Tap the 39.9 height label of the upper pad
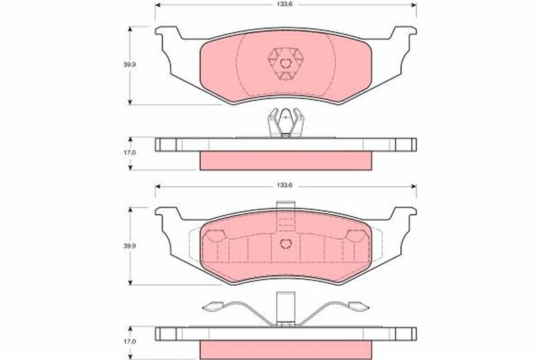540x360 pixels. [x=130, y=64]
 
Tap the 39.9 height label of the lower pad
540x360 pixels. [x=130, y=246]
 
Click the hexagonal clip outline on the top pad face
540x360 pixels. [x=286, y=63]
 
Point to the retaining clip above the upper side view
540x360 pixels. [x=286, y=123]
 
